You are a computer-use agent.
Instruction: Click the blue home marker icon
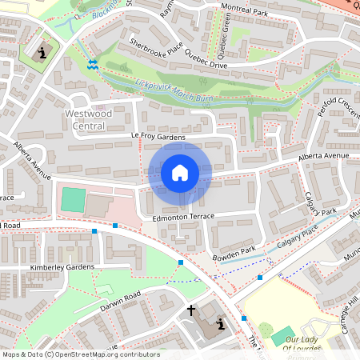click(179, 172)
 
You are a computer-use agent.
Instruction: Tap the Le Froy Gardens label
click(159, 138)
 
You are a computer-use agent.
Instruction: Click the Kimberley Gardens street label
click(62, 265)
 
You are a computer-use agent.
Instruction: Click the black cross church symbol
click(191, 310)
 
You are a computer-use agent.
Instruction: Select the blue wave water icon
click(93, 64)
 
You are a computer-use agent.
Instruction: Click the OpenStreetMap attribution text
click(80, 354)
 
